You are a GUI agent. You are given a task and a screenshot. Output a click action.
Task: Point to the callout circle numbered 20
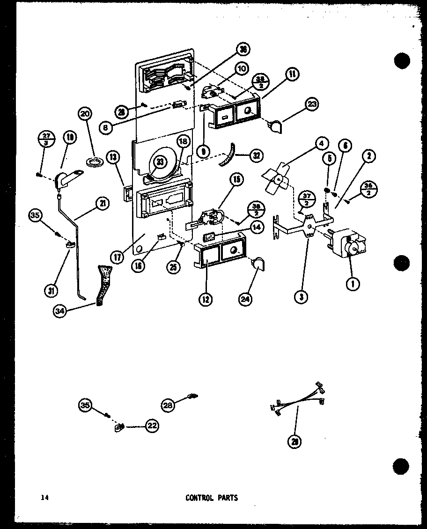pyautogui.click(x=86, y=114)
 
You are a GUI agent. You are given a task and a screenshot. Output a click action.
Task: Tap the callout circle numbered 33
pyautogui.click(x=161, y=162)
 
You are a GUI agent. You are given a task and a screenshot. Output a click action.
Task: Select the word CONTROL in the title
pyautogui.click(x=199, y=498)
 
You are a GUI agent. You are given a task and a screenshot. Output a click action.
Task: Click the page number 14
pyautogui.click(x=44, y=498)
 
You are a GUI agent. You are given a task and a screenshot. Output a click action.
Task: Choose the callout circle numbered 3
pyautogui.click(x=303, y=296)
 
